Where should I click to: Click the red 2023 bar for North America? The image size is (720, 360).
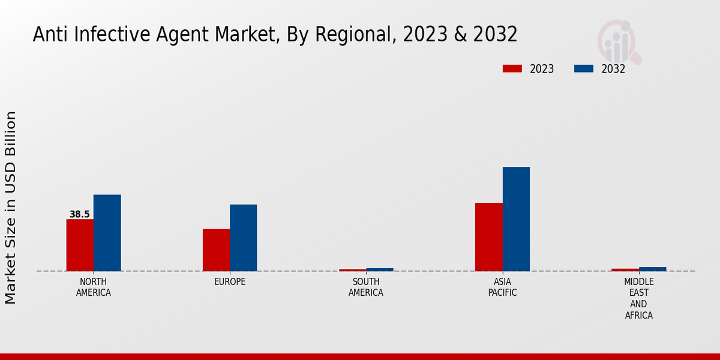(x=80, y=245)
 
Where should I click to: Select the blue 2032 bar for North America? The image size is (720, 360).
(x=107, y=233)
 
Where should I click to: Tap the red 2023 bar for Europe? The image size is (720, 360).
(x=216, y=250)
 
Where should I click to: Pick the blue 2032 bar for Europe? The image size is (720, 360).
(x=243, y=238)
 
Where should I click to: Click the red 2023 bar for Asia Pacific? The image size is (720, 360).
(x=488, y=237)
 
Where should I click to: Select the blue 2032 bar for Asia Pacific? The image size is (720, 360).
(x=516, y=219)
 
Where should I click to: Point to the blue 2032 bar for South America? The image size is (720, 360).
(x=380, y=269)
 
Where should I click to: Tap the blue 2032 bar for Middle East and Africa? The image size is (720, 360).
(x=652, y=269)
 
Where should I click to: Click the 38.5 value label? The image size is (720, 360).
(x=80, y=214)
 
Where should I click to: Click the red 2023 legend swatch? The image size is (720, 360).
(x=512, y=68)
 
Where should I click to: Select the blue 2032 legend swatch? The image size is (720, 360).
(x=584, y=68)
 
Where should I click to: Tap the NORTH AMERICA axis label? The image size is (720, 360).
(x=94, y=287)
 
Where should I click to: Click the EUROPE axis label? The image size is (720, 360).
(x=230, y=282)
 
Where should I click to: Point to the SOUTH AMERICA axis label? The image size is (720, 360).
(x=366, y=287)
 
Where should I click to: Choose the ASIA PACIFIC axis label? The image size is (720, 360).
(x=502, y=287)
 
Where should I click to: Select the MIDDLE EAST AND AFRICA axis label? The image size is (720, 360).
(x=638, y=298)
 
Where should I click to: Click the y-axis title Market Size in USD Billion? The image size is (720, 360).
(x=11, y=207)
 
